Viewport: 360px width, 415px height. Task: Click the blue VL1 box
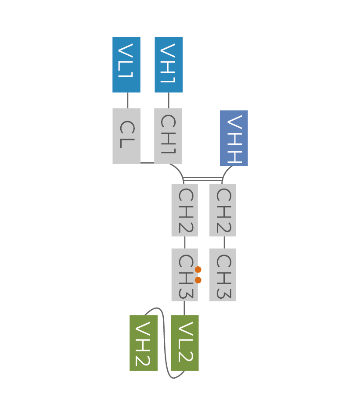point(126,64)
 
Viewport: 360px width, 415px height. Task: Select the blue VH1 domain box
point(169,64)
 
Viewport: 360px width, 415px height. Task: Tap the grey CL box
point(126,136)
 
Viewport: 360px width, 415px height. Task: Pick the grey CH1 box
point(168,136)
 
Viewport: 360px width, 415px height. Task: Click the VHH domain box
point(234,138)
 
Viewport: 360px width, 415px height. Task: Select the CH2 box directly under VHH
point(223,210)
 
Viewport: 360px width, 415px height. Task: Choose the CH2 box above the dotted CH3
point(184,210)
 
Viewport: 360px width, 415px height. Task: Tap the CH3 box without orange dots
point(223,275)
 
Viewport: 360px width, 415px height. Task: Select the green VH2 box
point(144,343)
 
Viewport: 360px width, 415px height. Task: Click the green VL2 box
point(185,343)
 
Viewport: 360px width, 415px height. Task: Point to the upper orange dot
point(198,270)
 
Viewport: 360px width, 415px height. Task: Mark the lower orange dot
point(198,280)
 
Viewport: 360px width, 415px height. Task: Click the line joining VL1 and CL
point(128,100)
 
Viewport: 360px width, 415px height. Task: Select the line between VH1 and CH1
point(169,100)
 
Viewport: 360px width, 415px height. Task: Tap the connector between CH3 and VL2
point(184,308)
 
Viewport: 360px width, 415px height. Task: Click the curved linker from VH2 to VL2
point(165,342)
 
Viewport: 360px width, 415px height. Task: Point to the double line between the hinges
point(203,179)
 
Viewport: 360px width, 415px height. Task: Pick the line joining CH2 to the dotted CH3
point(184,242)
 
